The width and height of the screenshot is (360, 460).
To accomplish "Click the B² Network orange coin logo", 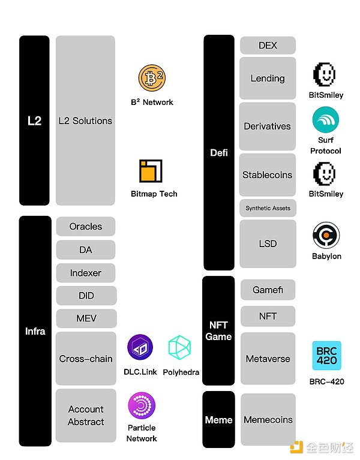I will tap(151, 79).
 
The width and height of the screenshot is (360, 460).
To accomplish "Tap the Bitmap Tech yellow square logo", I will tap(151, 171).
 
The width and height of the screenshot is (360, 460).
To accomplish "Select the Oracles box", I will tap(85, 227).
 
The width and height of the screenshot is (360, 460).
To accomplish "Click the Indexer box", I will tap(85, 273).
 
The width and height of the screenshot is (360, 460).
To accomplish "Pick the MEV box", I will tap(85, 318).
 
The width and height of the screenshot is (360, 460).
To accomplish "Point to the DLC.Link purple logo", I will tap(140, 348).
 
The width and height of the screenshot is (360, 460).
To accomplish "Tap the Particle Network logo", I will tap(142, 405).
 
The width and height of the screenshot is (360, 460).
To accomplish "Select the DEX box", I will tap(268, 46).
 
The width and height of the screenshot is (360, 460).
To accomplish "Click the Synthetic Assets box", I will tap(268, 208).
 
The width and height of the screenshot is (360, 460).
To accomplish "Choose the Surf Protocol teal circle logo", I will tap(326, 119).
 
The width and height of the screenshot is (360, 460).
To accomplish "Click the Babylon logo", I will tap(326, 236).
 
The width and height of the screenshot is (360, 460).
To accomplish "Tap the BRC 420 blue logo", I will tap(326, 356).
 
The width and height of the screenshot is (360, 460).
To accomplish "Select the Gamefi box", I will tap(268, 290).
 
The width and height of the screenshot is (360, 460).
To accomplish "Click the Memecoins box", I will tap(268, 420).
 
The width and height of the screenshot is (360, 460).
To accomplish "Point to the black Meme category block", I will tap(218, 420).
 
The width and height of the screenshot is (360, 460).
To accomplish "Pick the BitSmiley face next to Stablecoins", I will tap(326, 173).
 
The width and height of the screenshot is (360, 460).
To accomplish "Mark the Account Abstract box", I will tap(85, 416).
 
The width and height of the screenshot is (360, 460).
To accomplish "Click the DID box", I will tap(85, 296).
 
